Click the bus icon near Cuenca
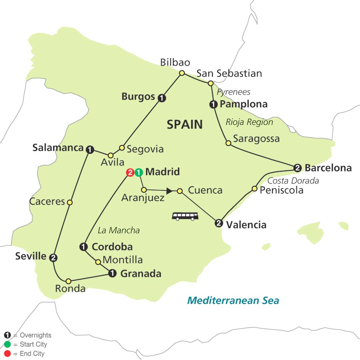coord(186,216)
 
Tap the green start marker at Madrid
coord(138,173)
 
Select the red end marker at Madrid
coord(130,173)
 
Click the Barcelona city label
coord(328,168)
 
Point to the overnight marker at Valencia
coord(218,223)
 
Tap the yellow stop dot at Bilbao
coord(182,73)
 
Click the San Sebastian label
coord(229,73)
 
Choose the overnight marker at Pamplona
coord(213,105)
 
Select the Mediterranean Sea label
coord(233,300)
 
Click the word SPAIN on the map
coord(184,124)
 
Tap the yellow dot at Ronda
coord(69,281)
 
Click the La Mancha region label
coord(119,230)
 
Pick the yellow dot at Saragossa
coord(228,143)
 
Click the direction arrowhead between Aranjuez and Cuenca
coord(169,191)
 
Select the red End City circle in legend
coord(7,354)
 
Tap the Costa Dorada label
coord(293,180)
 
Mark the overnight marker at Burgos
coord(161,97)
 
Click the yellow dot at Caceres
coord(70,202)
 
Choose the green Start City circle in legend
coord(7,344)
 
